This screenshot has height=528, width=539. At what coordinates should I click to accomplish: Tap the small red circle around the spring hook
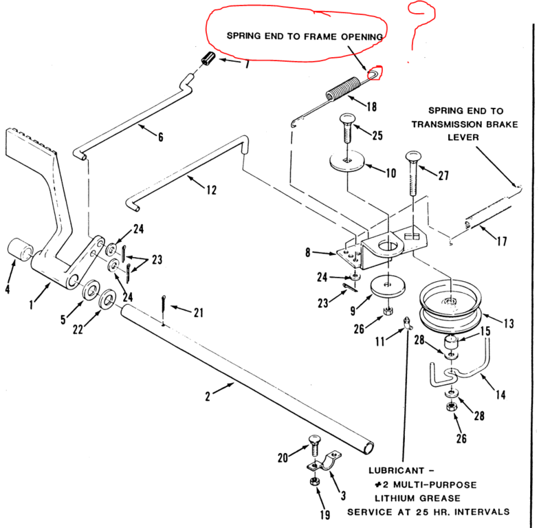click(373, 72)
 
